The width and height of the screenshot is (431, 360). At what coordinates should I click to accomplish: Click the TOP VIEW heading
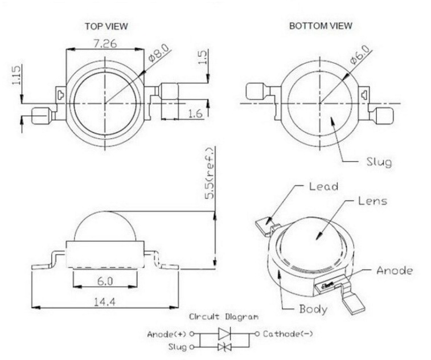(x=106, y=26)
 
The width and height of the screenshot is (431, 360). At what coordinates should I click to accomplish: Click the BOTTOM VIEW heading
(x=321, y=26)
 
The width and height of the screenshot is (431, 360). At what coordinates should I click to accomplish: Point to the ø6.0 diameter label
(x=360, y=58)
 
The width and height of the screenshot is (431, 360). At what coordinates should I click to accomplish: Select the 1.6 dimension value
(x=195, y=114)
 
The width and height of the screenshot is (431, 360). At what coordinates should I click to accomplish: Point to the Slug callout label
(x=378, y=162)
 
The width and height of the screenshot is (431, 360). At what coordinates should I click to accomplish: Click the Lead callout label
(x=323, y=186)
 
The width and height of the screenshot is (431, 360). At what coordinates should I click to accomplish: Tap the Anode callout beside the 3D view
(x=394, y=271)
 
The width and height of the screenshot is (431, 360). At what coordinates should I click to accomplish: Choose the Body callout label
(x=313, y=310)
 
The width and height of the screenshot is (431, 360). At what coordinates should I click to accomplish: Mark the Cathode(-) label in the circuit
(x=287, y=334)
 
